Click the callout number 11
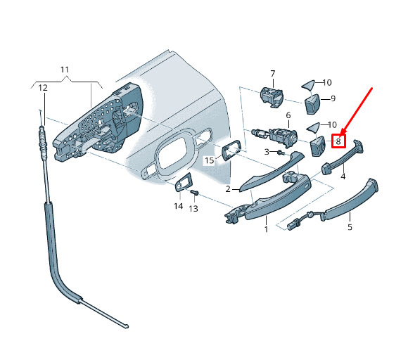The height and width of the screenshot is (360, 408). [65, 70]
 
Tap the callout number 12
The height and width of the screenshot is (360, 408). [43, 88]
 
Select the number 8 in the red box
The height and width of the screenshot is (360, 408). [338, 141]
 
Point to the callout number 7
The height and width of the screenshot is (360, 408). [273, 74]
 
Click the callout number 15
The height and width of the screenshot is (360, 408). [209, 160]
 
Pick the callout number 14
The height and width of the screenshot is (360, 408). [179, 206]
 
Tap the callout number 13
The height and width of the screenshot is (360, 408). [193, 209]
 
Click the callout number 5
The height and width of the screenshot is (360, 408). [350, 227]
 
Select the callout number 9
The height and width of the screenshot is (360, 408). [333, 98]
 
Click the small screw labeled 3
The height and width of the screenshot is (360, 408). [281, 152]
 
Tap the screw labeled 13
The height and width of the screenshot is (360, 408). [194, 193]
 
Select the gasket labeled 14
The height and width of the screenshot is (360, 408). [184, 182]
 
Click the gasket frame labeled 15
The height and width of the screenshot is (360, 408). [231, 150]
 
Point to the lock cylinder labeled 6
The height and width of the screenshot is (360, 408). [276, 136]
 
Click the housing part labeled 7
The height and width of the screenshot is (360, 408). [271, 97]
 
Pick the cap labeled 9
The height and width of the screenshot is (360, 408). [312, 104]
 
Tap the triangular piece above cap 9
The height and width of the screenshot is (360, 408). [308, 85]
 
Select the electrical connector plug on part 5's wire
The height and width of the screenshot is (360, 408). [293, 225]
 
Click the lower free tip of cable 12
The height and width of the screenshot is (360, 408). [127, 326]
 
